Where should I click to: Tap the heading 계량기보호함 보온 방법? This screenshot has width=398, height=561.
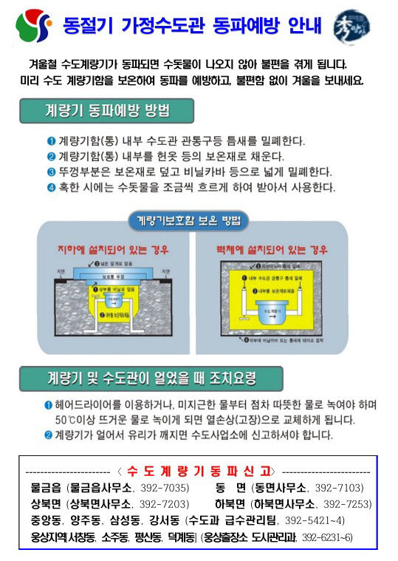click(x=189, y=220)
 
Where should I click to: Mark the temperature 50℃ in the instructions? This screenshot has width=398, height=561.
click(x=67, y=420)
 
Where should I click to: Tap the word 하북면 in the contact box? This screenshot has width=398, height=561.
click(x=232, y=504)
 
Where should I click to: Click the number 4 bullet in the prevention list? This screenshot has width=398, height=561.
click(x=52, y=187)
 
